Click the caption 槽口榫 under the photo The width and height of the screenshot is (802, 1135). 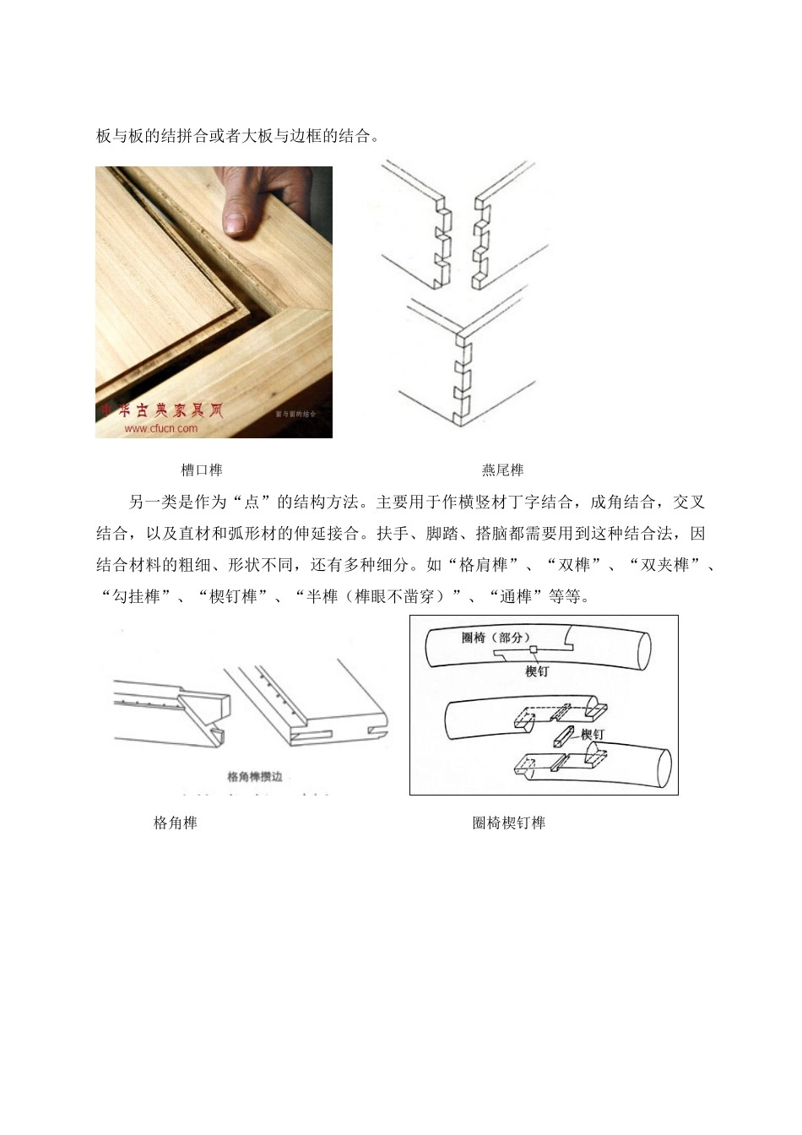202,470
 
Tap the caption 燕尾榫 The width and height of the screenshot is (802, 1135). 502,470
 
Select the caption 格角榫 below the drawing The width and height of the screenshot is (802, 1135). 176,823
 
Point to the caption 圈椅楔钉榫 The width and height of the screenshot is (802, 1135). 508,823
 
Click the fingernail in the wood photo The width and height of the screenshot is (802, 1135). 236,222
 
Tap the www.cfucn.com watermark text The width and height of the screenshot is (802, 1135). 161,428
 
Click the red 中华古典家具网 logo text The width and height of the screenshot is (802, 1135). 160,411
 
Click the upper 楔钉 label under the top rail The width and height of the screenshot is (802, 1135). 537,671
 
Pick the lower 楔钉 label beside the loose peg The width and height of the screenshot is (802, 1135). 593,735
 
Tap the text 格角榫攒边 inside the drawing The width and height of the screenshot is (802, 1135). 255,775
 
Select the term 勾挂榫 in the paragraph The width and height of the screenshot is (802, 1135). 136,596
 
